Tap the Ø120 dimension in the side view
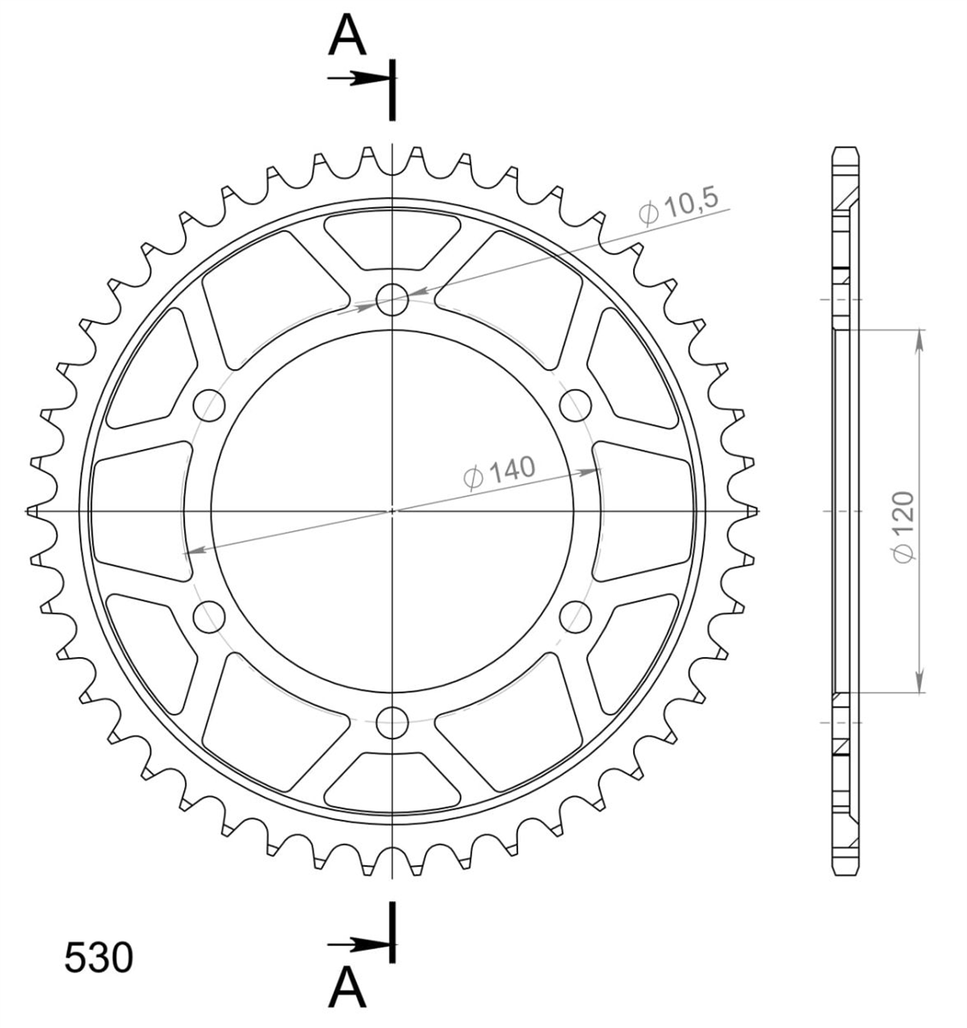[904, 527]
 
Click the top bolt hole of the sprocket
[392, 300]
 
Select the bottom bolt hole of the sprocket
[392, 723]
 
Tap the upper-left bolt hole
[209, 405]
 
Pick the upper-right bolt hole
[576, 405]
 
